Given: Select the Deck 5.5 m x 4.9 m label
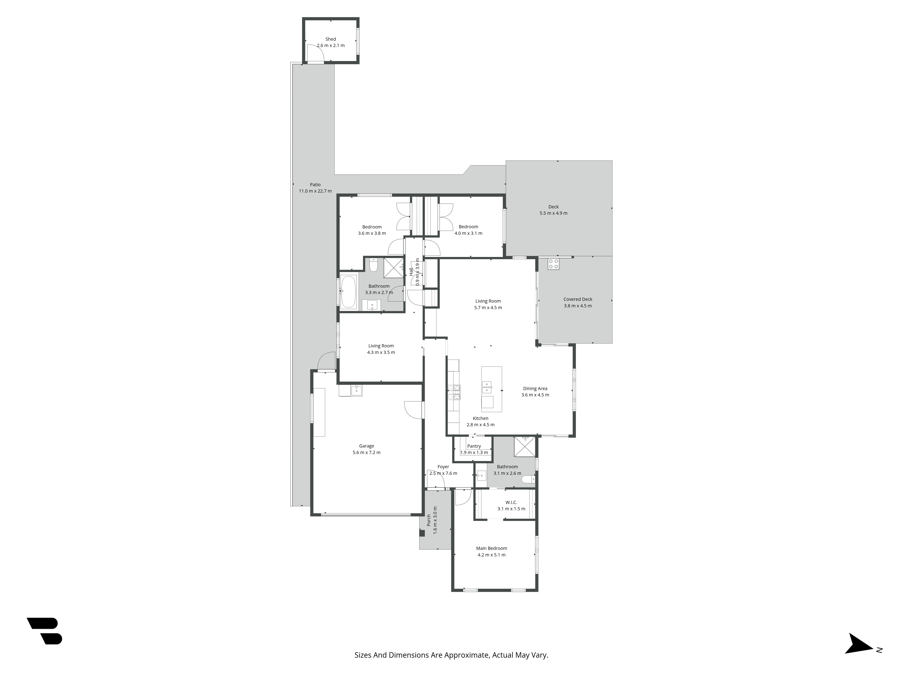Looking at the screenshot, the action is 554,210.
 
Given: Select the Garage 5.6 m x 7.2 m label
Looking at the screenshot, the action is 367,449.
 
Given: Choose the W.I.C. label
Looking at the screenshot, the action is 511,502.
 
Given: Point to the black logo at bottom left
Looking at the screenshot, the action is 44,631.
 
